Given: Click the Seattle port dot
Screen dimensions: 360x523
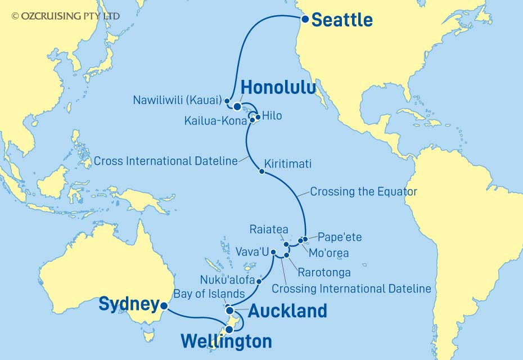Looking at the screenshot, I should pyautogui.click(x=304, y=19).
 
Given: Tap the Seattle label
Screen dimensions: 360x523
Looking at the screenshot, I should pyautogui.click(x=342, y=20).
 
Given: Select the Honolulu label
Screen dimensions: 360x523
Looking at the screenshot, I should pyautogui.click(x=278, y=88).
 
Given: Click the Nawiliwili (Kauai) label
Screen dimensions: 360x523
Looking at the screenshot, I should pyautogui.click(x=178, y=101).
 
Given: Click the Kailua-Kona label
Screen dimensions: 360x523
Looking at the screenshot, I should pyautogui.click(x=215, y=120).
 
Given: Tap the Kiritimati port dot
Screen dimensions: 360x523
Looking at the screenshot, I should pyautogui.click(x=261, y=172).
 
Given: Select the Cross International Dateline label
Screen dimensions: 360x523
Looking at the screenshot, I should pyautogui.click(x=166, y=161).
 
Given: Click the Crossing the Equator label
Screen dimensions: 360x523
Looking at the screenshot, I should pyautogui.click(x=364, y=192).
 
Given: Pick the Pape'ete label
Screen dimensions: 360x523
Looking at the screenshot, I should pyautogui.click(x=340, y=237).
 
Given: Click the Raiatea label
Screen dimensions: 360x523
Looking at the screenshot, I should pyautogui.click(x=268, y=230).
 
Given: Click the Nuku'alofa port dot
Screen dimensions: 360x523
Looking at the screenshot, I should pyautogui.click(x=259, y=281).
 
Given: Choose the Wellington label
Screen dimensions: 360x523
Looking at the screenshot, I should pyautogui.click(x=227, y=341).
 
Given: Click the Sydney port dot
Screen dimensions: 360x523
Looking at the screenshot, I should pyautogui.click(x=164, y=307).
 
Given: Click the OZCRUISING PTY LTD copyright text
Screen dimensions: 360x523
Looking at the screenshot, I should pyautogui.click(x=65, y=16).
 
